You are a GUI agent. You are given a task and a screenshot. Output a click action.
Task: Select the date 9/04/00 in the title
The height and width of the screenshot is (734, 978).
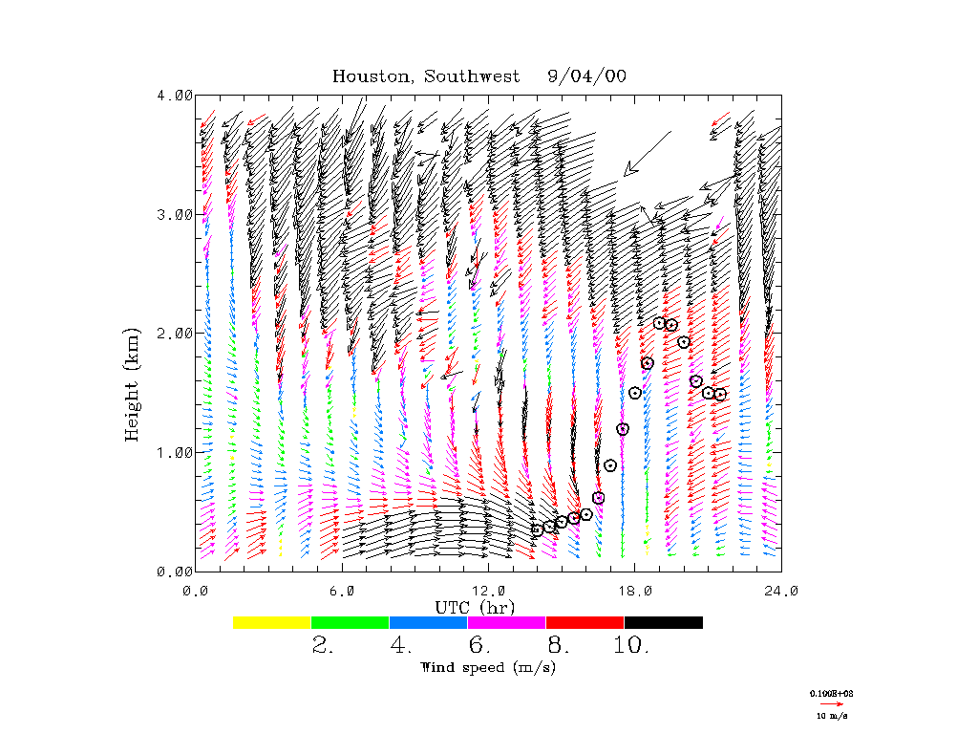587,76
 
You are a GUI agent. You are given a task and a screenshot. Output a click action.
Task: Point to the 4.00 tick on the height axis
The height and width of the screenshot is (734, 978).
175,96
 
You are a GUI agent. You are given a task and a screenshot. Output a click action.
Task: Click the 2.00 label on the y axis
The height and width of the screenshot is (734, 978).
175,334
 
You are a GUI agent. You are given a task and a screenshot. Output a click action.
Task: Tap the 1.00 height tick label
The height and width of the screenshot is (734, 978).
175,452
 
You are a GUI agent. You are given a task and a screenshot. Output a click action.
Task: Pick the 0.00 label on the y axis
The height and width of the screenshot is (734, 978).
175,572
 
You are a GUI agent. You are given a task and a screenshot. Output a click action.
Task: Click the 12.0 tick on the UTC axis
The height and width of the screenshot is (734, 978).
488,591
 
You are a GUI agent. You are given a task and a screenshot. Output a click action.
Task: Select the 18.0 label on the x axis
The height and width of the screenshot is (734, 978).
634,591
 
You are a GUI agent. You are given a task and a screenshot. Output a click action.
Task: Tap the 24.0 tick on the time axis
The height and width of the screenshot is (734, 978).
780,591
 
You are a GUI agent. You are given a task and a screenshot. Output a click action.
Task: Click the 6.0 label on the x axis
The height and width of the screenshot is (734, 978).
342,591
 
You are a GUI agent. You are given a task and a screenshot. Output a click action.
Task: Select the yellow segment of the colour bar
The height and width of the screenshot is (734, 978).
272,622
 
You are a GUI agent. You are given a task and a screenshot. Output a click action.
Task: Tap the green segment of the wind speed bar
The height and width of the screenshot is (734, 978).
351,622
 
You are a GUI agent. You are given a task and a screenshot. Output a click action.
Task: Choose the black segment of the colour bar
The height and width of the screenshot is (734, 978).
663,622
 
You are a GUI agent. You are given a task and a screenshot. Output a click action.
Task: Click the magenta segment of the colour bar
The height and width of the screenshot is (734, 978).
506,622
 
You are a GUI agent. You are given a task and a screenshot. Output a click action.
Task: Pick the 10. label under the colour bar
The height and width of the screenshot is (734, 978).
631,645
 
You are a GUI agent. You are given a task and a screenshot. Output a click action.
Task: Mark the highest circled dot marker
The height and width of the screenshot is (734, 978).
659,323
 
